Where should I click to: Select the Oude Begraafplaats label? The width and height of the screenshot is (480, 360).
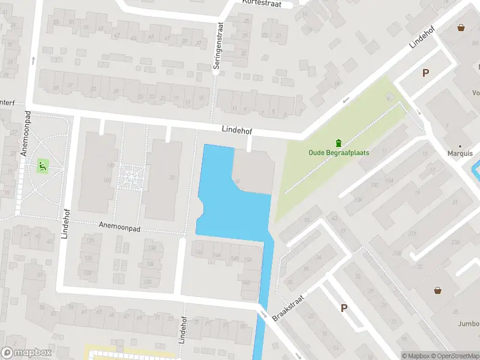tap(338, 152)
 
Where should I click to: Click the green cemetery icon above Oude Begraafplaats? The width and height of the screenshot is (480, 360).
tap(338, 142)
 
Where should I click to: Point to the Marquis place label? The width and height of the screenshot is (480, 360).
tap(460, 152)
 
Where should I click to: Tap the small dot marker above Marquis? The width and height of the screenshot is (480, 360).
tap(460, 145)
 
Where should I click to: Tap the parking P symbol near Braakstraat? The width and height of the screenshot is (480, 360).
tap(344, 308)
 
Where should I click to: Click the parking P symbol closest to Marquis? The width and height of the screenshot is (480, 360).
tap(425, 73)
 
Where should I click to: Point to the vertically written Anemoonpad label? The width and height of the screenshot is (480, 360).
tap(25, 134)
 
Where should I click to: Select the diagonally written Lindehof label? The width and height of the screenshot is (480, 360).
tap(421, 37)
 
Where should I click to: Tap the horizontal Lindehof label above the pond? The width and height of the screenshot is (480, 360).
tap(236, 129)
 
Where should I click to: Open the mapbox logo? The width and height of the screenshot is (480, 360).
tap(25, 353)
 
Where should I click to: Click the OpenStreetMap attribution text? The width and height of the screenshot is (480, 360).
tap(455, 356)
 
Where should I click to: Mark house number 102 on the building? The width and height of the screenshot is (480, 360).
tap(108, 179)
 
